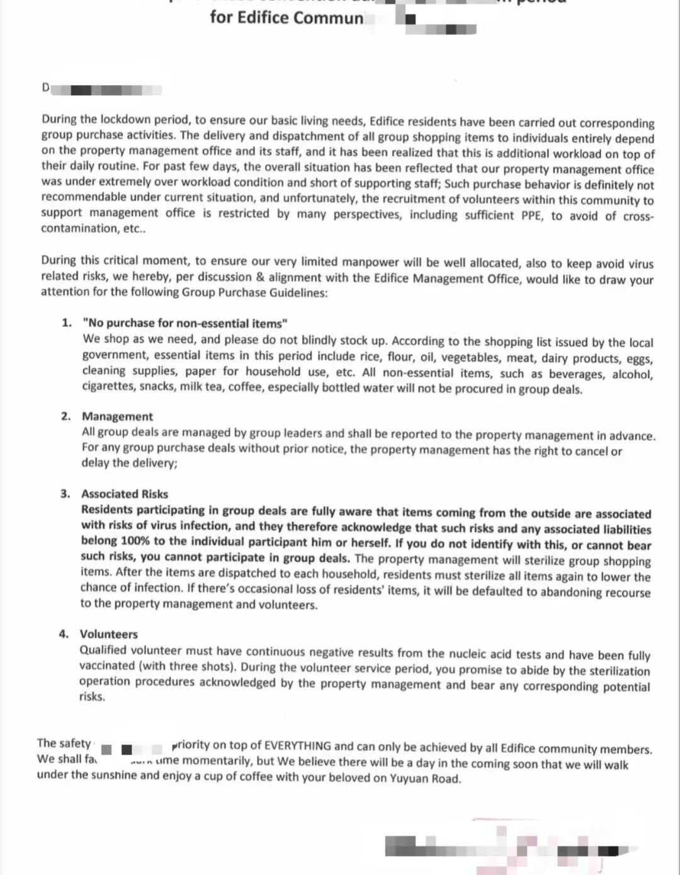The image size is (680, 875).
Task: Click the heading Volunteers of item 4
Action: pyautogui.click(x=108, y=634)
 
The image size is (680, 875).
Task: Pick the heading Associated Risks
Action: pyautogui.click(x=125, y=494)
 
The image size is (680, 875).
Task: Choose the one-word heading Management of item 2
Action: pyautogui.click(x=117, y=416)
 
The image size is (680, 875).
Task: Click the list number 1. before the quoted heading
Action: pyautogui.click(x=67, y=323)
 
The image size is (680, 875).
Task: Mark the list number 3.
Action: pyautogui.click(x=65, y=493)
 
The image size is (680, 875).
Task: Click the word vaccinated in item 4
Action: pyautogui.click(x=106, y=666)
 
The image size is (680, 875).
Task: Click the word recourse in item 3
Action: pyautogui.click(x=627, y=592)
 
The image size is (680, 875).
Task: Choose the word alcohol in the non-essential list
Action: pyautogui.click(x=632, y=374)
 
